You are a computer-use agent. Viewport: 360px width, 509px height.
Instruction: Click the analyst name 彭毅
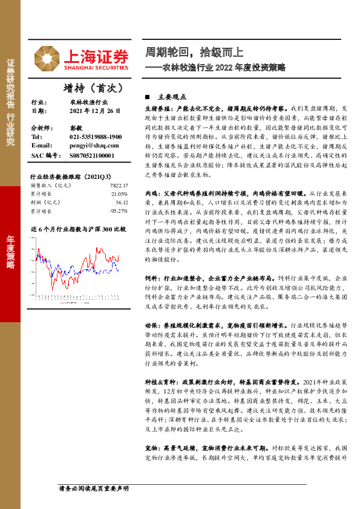pos(76,129)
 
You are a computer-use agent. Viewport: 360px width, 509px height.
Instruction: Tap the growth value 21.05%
pos(119,194)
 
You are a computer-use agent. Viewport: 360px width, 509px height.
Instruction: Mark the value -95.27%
pos(119,211)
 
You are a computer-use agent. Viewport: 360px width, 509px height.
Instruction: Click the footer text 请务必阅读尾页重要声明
pos(93,487)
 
